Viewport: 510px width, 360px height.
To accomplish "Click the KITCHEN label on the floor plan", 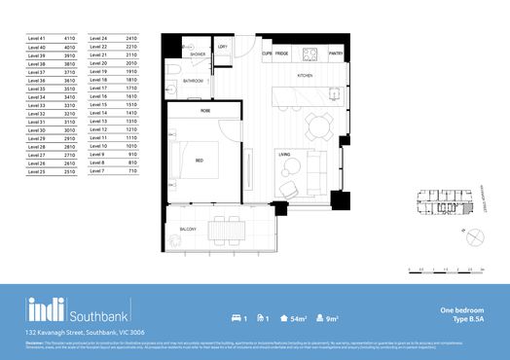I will point(305,75).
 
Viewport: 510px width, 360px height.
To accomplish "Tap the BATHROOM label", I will point(194,82).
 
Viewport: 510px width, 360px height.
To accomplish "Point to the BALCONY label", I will point(187,229).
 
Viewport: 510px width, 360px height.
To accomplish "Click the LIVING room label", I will point(285,154).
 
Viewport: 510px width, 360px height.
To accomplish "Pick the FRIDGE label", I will point(281,53).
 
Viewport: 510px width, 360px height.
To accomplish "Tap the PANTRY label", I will point(335,53).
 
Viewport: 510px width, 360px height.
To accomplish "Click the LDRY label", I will point(223,47).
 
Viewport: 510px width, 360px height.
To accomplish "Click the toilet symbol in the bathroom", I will point(171,74).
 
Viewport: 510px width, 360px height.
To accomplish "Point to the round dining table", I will point(318,123).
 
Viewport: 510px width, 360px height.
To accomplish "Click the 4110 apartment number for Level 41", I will point(69,38).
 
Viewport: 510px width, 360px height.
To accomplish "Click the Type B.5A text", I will point(468,319).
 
